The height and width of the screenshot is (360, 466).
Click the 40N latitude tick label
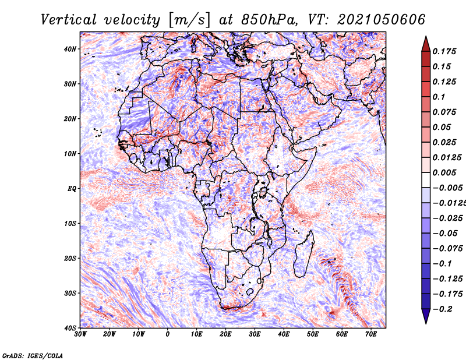point(70,49)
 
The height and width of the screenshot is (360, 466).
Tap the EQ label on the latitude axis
point(72,189)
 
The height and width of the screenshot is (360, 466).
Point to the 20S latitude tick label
point(70,258)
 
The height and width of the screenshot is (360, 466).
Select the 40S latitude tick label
point(70,328)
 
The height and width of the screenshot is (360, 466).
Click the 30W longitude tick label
point(80,334)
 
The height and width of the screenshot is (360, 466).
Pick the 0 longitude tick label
point(168,334)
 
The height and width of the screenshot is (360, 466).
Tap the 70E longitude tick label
point(371,334)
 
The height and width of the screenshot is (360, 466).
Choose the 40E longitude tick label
point(284,334)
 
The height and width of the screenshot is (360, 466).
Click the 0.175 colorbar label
point(444,51)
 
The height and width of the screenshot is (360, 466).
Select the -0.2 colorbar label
point(443,309)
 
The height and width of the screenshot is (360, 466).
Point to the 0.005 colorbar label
point(444,172)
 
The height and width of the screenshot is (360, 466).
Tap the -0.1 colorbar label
point(443,264)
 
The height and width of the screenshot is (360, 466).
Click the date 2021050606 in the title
point(381,20)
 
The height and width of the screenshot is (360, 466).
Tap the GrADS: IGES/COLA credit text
point(33,355)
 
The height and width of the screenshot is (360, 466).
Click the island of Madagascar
point(303,254)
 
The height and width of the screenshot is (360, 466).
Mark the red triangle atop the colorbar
point(426,44)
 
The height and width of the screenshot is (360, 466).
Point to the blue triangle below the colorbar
point(426,316)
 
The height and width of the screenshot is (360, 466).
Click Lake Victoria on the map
point(263,192)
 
